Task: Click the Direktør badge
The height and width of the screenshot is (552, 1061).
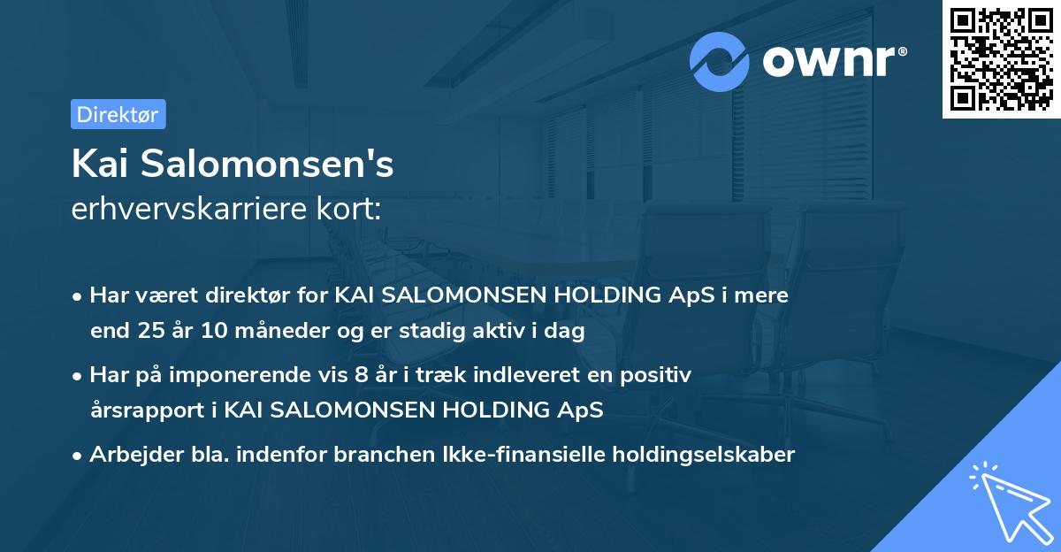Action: [118, 114]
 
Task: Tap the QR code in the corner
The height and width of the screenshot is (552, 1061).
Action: [1001, 58]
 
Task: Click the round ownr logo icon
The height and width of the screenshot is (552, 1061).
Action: [720, 61]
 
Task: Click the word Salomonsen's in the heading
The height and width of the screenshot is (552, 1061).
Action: [271, 165]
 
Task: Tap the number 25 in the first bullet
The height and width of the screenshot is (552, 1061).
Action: [150, 331]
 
